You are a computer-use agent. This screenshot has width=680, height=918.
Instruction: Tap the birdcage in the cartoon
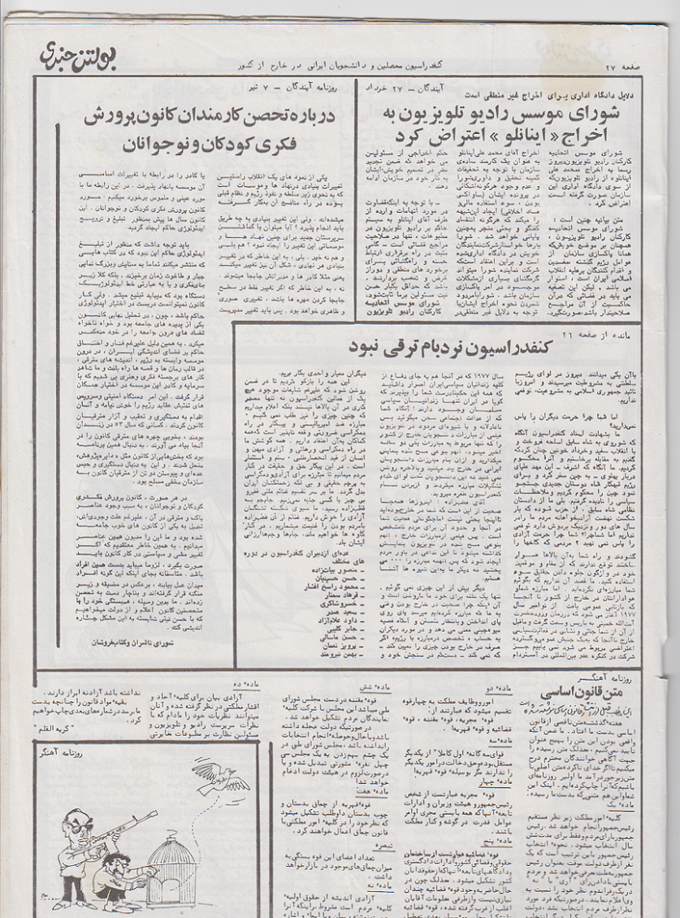175,870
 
